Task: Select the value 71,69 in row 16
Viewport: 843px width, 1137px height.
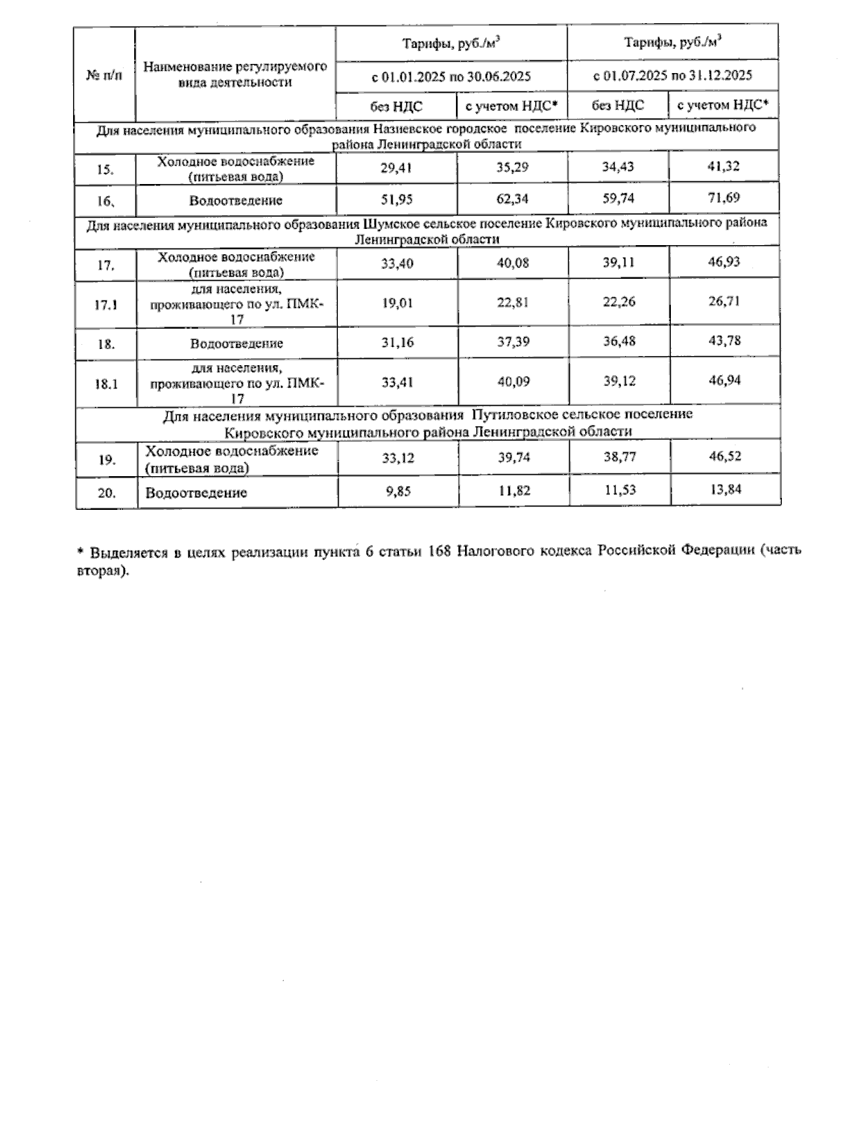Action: click(724, 198)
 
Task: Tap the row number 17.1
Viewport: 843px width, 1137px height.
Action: click(105, 305)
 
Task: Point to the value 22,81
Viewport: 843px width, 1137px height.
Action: click(513, 303)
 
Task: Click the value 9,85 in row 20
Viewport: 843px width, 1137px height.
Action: click(398, 491)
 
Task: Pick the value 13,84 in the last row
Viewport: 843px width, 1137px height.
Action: click(726, 489)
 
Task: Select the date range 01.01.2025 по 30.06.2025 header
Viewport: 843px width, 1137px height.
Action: click(451, 77)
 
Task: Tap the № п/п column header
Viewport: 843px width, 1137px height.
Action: click(104, 75)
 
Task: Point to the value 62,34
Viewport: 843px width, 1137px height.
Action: click(512, 199)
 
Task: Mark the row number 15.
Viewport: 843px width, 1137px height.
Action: click(105, 169)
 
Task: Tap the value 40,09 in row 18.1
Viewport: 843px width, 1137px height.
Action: click(513, 382)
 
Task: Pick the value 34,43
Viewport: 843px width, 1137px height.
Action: click(618, 167)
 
